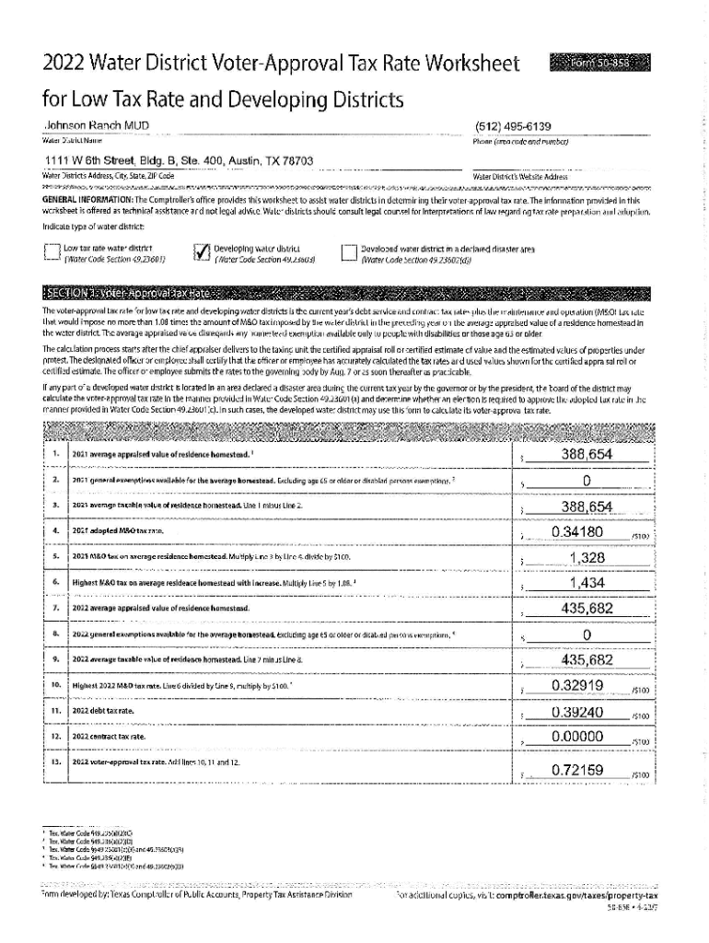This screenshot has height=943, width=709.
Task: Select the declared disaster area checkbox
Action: coord(348,252)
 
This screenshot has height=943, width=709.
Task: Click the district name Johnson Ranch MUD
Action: coord(97,125)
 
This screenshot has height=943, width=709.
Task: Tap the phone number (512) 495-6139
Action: coord(513,126)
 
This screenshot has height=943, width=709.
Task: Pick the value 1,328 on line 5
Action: coord(587,557)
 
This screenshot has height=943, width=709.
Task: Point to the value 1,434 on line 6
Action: coord(587,582)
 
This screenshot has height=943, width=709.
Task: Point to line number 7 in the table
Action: coord(56,609)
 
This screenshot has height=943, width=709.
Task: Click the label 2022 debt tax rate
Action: coord(103,713)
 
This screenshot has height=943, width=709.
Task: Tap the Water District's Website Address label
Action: coord(519,175)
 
